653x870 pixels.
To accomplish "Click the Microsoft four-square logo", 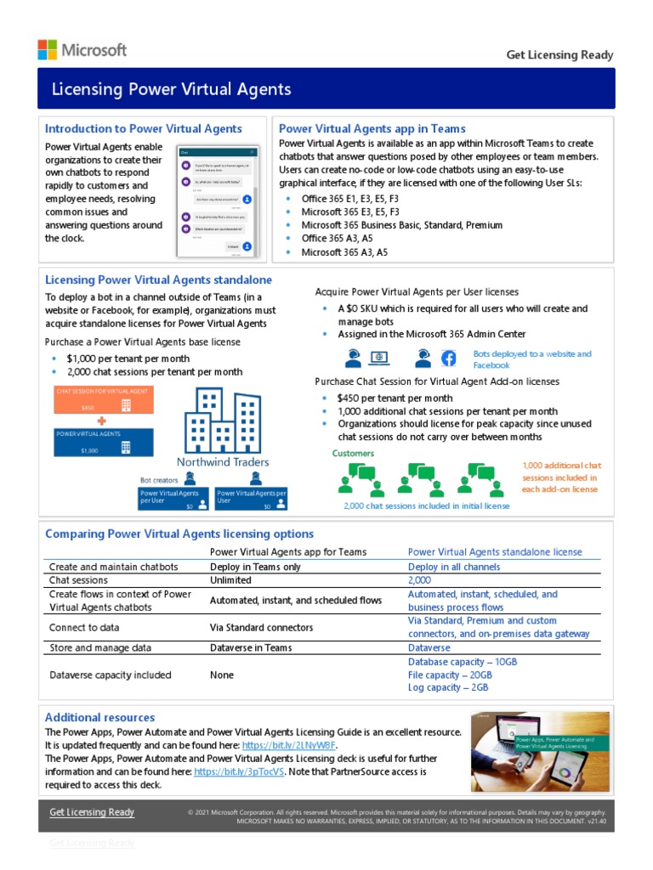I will (48, 49).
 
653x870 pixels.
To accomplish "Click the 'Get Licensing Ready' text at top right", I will (559, 55).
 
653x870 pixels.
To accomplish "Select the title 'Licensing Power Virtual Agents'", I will (172, 89).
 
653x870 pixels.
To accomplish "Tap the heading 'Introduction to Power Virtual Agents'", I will (143, 129).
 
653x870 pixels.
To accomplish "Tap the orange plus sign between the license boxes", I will (101, 421).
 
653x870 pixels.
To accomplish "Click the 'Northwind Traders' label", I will (223, 462).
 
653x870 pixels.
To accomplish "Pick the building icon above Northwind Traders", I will (223, 421).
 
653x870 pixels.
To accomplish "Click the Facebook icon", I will (449, 358).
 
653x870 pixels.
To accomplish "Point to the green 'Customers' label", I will (353, 454).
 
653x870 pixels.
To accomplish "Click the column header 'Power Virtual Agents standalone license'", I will (495, 551).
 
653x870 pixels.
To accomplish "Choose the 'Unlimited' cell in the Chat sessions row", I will (230, 580).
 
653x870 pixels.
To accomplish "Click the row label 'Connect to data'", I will (84, 628).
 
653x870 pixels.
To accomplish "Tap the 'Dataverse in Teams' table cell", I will (251, 647).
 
